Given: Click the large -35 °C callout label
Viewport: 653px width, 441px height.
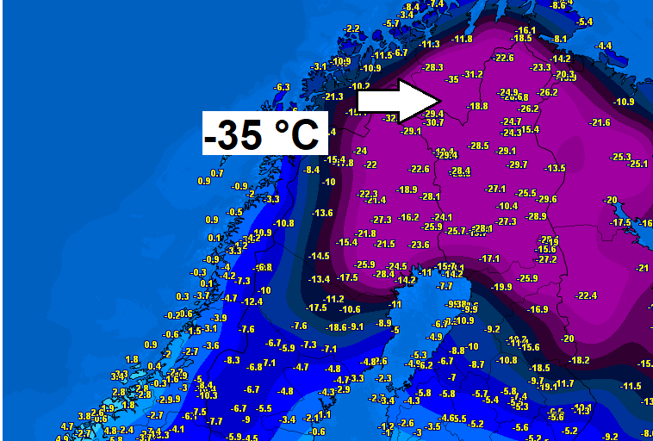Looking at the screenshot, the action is [261, 134].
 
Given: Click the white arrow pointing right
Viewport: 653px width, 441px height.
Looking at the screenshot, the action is [401, 101].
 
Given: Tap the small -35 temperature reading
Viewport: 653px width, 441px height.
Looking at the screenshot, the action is [453, 79].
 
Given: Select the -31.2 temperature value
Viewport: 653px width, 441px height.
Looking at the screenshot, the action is [473, 74].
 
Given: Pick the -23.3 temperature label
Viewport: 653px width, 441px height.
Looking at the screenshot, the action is [541, 67].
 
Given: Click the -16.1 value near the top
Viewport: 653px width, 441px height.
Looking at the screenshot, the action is [526, 30].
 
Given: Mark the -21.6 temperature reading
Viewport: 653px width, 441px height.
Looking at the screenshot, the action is [600, 123].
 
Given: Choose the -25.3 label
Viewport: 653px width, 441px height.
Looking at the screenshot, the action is [620, 157].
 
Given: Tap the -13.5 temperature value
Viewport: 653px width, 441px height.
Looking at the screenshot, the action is [556, 168].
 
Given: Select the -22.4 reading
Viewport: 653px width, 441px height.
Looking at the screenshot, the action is [586, 295].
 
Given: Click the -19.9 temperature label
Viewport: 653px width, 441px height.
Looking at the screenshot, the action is [501, 287].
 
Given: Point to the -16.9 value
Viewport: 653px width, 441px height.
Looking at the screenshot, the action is [538, 309].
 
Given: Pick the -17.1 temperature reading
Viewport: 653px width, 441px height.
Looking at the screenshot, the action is [489, 258].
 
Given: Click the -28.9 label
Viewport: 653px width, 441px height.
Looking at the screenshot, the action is [536, 216].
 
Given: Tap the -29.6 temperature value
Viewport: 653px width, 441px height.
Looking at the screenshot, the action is [547, 199].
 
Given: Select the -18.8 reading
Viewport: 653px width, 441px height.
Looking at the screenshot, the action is [477, 106].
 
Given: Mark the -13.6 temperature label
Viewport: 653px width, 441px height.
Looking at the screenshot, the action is [322, 213].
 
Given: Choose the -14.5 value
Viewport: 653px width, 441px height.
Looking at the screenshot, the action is [319, 256].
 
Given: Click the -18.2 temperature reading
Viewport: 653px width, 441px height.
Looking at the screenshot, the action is [579, 360].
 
